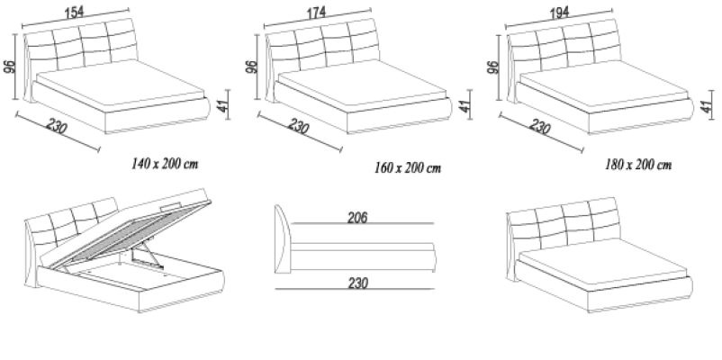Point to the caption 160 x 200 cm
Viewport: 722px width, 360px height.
click(x=407, y=167)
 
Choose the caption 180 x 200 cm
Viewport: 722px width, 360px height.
click(x=639, y=166)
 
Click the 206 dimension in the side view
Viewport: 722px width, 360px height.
click(x=357, y=217)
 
